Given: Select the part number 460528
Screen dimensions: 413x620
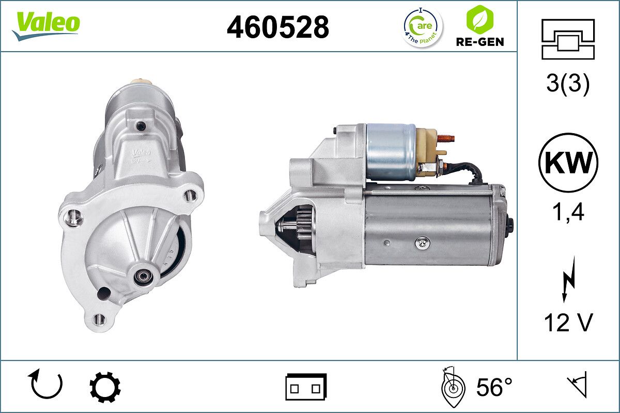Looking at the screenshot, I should click(278, 27).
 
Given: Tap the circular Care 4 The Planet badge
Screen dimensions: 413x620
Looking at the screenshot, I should click(423, 27).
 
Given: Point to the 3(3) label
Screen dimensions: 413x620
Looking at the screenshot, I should click(568, 84).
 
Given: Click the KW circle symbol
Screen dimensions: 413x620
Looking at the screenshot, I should click(568, 163).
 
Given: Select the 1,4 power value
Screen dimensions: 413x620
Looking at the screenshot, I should click(568, 212).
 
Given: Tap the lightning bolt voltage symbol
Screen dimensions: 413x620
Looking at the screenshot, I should click(568, 279).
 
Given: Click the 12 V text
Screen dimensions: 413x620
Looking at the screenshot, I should click(568, 323).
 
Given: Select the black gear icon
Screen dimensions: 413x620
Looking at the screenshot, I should click(105, 387).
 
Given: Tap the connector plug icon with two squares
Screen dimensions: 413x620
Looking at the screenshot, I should click(306, 387).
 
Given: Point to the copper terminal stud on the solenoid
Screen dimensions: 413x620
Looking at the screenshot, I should click(446, 138).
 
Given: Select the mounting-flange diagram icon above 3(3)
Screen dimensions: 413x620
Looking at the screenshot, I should click(568, 39).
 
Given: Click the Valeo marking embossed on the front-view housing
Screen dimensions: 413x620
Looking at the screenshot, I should click(140, 153).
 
